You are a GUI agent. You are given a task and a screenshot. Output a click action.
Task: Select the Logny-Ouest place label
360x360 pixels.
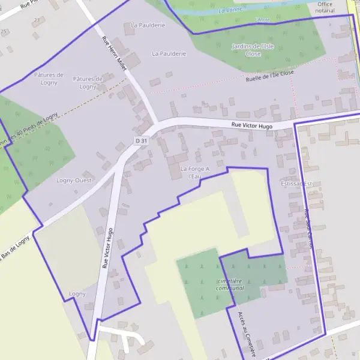(x=73, y=180)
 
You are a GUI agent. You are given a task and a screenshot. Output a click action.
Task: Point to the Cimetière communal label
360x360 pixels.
(x=230, y=284)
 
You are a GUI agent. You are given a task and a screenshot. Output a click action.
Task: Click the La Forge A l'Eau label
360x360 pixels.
(x=195, y=173)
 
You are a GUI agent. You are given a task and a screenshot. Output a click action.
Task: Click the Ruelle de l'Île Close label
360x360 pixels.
(x=270, y=76)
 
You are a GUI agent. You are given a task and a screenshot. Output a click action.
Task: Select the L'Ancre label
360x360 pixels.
(x=263, y=20)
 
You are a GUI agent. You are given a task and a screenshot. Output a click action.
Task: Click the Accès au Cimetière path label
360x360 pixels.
(x=248, y=334)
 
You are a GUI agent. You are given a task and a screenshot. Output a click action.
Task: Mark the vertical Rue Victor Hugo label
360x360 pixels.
(x=108, y=248)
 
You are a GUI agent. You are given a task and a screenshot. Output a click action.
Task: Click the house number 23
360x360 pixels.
(x=38, y=20)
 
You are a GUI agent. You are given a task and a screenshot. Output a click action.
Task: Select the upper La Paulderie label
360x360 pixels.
(x=148, y=25)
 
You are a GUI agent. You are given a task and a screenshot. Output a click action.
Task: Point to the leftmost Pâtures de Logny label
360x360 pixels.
(x=49, y=79)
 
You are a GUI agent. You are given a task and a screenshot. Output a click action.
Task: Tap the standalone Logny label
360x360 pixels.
(x=77, y=294)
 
